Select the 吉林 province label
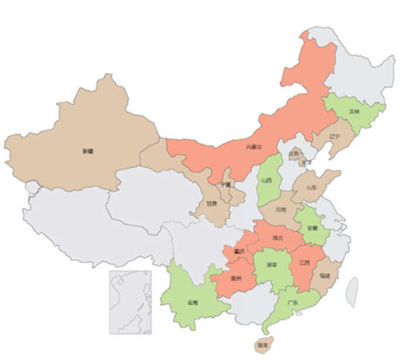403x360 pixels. click(x=354, y=111)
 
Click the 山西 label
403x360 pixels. click(x=267, y=180)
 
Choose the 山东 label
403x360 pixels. click(x=312, y=189)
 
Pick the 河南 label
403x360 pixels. click(x=281, y=210)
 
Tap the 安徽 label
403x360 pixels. click(x=312, y=228)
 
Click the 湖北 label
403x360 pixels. click(x=279, y=237)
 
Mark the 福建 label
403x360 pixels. click(x=325, y=275)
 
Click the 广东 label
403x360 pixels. click(x=293, y=303)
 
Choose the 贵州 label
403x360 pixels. click(x=235, y=277)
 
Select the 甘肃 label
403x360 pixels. click(x=212, y=203)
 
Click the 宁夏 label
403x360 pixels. click(x=225, y=184)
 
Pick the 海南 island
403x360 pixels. click(x=263, y=345)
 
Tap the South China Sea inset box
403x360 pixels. click(x=130, y=302)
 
